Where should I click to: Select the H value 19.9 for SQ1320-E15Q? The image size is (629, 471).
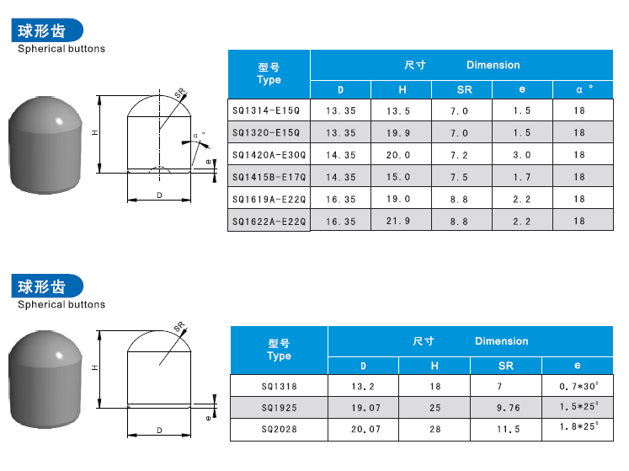398,133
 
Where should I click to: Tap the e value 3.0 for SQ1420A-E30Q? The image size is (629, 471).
521,155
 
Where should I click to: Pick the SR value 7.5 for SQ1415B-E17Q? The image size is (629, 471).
459,177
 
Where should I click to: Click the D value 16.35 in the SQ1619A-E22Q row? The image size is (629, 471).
340,199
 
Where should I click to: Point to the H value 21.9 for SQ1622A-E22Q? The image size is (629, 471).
398,221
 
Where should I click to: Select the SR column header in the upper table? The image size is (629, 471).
464,89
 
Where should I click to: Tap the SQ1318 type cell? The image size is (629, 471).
280,386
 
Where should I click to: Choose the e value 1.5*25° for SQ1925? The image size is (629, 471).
578,406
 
